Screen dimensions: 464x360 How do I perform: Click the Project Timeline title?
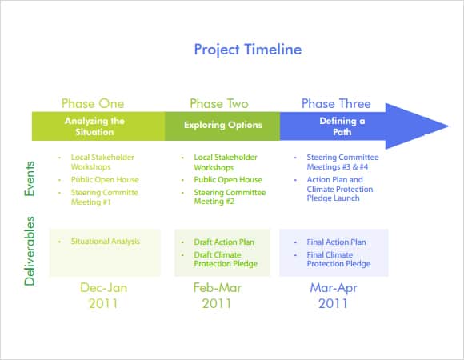[x=248, y=50]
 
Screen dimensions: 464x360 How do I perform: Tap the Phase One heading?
[x=93, y=103]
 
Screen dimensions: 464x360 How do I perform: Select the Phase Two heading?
[x=219, y=103]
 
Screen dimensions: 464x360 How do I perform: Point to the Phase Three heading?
[x=336, y=103]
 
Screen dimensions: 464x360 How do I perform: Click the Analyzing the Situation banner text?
[x=94, y=126]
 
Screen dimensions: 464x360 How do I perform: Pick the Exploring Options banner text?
[x=223, y=125]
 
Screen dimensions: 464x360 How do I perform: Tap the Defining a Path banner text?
[x=342, y=126]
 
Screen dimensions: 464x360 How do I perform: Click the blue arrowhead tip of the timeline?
[x=450, y=126]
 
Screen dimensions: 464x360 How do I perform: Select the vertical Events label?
[x=30, y=178]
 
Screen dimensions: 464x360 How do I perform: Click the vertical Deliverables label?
[x=30, y=251]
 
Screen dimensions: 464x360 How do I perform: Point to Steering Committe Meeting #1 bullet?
[x=105, y=198]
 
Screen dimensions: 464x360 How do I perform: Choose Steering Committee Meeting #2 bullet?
[x=230, y=197]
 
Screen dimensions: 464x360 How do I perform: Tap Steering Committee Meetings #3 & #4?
[x=342, y=162]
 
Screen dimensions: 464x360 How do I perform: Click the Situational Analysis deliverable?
[x=106, y=242]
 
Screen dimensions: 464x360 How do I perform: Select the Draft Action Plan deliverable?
[x=224, y=242]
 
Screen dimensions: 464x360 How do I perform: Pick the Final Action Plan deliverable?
[x=337, y=242]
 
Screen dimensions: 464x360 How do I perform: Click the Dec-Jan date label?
[x=103, y=288]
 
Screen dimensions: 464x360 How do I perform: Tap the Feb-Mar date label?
[x=218, y=288]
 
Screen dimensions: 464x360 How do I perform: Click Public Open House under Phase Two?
[x=228, y=179]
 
